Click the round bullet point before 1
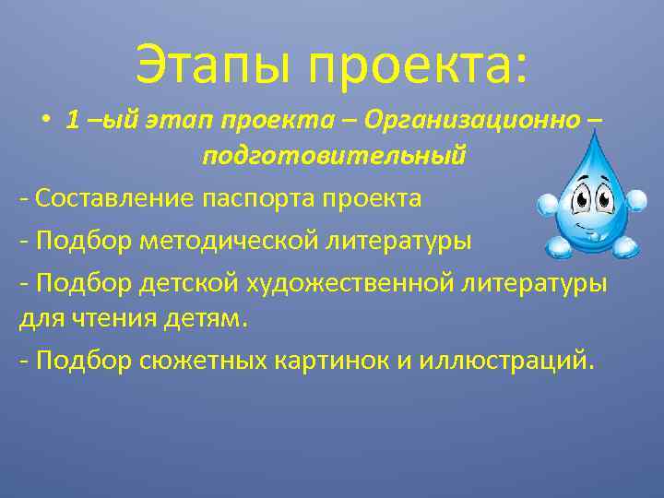pos(46,122)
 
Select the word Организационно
pos(470,121)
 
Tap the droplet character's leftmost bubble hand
pos(546,204)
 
